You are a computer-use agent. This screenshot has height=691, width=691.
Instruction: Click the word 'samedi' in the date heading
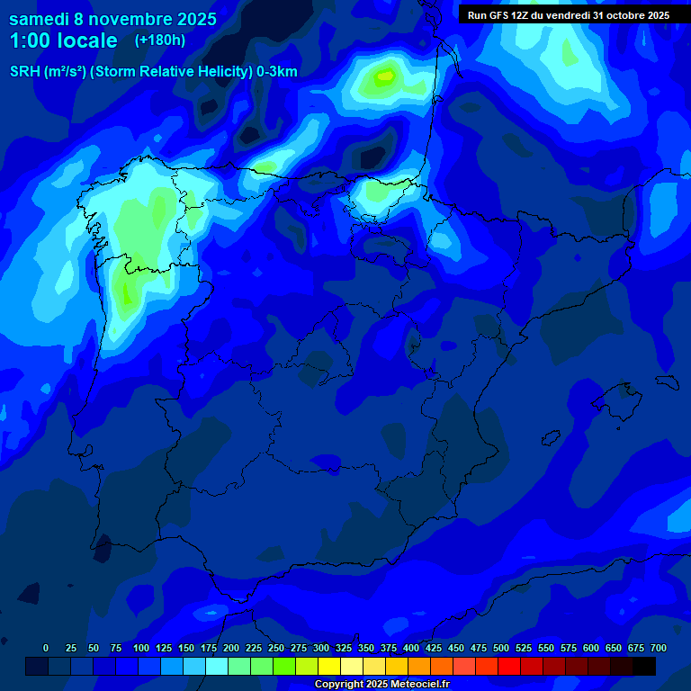(40, 19)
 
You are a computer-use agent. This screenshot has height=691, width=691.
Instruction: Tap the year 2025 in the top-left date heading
(197, 19)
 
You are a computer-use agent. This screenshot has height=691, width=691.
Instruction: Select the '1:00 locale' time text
(63, 40)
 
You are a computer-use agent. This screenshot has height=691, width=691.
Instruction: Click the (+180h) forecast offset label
(159, 40)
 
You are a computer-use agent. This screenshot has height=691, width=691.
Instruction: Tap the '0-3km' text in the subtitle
(277, 72)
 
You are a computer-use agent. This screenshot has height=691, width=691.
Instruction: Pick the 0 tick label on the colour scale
(46, 648)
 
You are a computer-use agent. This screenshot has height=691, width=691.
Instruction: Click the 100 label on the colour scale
(141, 648)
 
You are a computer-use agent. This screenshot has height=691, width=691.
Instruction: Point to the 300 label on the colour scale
(321, 648)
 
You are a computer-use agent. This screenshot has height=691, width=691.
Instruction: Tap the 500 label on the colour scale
(501, 648)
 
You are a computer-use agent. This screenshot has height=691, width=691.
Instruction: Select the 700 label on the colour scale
(659, 648)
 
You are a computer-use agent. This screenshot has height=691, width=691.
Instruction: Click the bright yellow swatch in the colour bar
(329, 666)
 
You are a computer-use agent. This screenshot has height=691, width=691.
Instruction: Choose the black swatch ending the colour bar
(644, 666)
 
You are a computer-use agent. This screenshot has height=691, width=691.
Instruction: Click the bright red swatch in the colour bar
(509, 666)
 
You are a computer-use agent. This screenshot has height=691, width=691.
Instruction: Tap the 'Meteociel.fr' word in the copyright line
(416, 685)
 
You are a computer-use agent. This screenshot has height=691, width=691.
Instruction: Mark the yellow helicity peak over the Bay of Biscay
(387, 77)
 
